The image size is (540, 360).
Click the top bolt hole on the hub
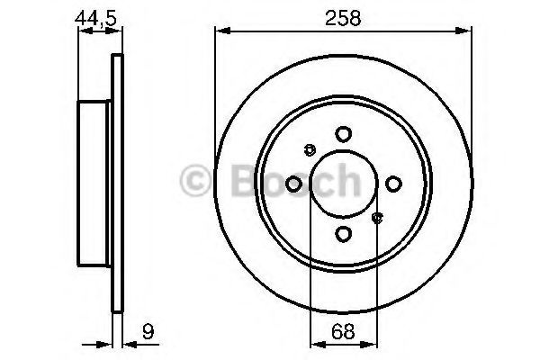click(343, 134)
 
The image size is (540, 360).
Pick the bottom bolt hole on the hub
click(343, 234)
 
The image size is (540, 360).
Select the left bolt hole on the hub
click(293, 184)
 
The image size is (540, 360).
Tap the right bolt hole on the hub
click(393, 184)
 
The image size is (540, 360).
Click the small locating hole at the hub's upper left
click(310, 149)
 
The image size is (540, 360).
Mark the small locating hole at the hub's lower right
click(377, 217)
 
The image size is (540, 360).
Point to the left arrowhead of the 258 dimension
click(220, 32)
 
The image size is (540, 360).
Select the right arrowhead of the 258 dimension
click(466, 32)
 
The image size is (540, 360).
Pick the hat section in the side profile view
click(94, 184)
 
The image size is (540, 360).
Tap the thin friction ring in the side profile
click(115, 184)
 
